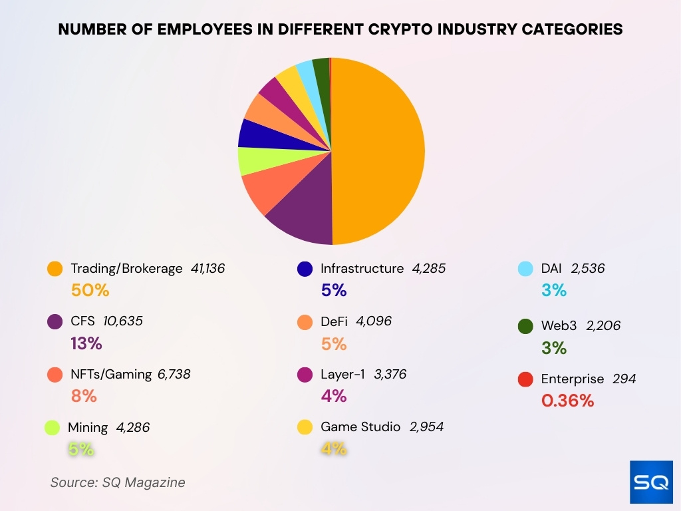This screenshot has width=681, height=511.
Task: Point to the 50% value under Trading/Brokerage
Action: click(x=90, y=290)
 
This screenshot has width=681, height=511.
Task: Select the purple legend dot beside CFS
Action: click(x=55, y=322)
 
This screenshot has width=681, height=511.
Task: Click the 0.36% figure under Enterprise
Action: click(x=567, y=401)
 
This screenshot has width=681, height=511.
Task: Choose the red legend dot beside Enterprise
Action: click(x=525, y=379)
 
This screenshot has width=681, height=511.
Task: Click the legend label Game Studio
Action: click(x=360, y=426)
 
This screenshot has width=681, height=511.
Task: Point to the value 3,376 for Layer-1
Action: click(x=390, y=374)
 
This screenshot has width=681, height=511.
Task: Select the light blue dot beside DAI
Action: click(x=525, y=269)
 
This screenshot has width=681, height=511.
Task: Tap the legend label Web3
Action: click(x=558, y=326)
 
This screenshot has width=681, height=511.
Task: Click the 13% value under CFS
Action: click(x=86, y=343)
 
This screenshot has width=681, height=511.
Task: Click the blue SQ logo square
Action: click(x=651, y=482)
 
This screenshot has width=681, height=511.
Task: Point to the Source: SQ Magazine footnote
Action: click(x=118, y=482)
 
